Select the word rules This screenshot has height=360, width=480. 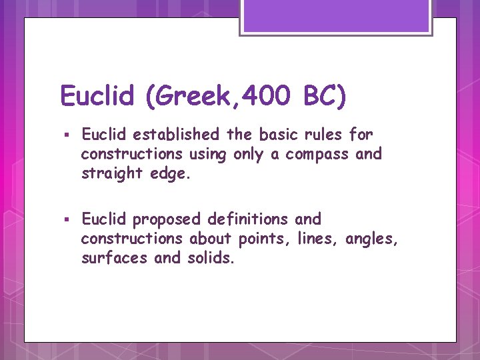pyautogui.click(x=321, y=135)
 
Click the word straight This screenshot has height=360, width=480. pyautogui.click(x=107, y=174)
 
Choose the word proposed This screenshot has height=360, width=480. pyautogui.click(x=167, y=219)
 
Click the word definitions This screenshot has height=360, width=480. pyautogui.click(x=248, y=219)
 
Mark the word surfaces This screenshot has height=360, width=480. pyautogui.click(x=114, y=258)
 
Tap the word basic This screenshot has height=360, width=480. pyautogui.click(x=275, y=135)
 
